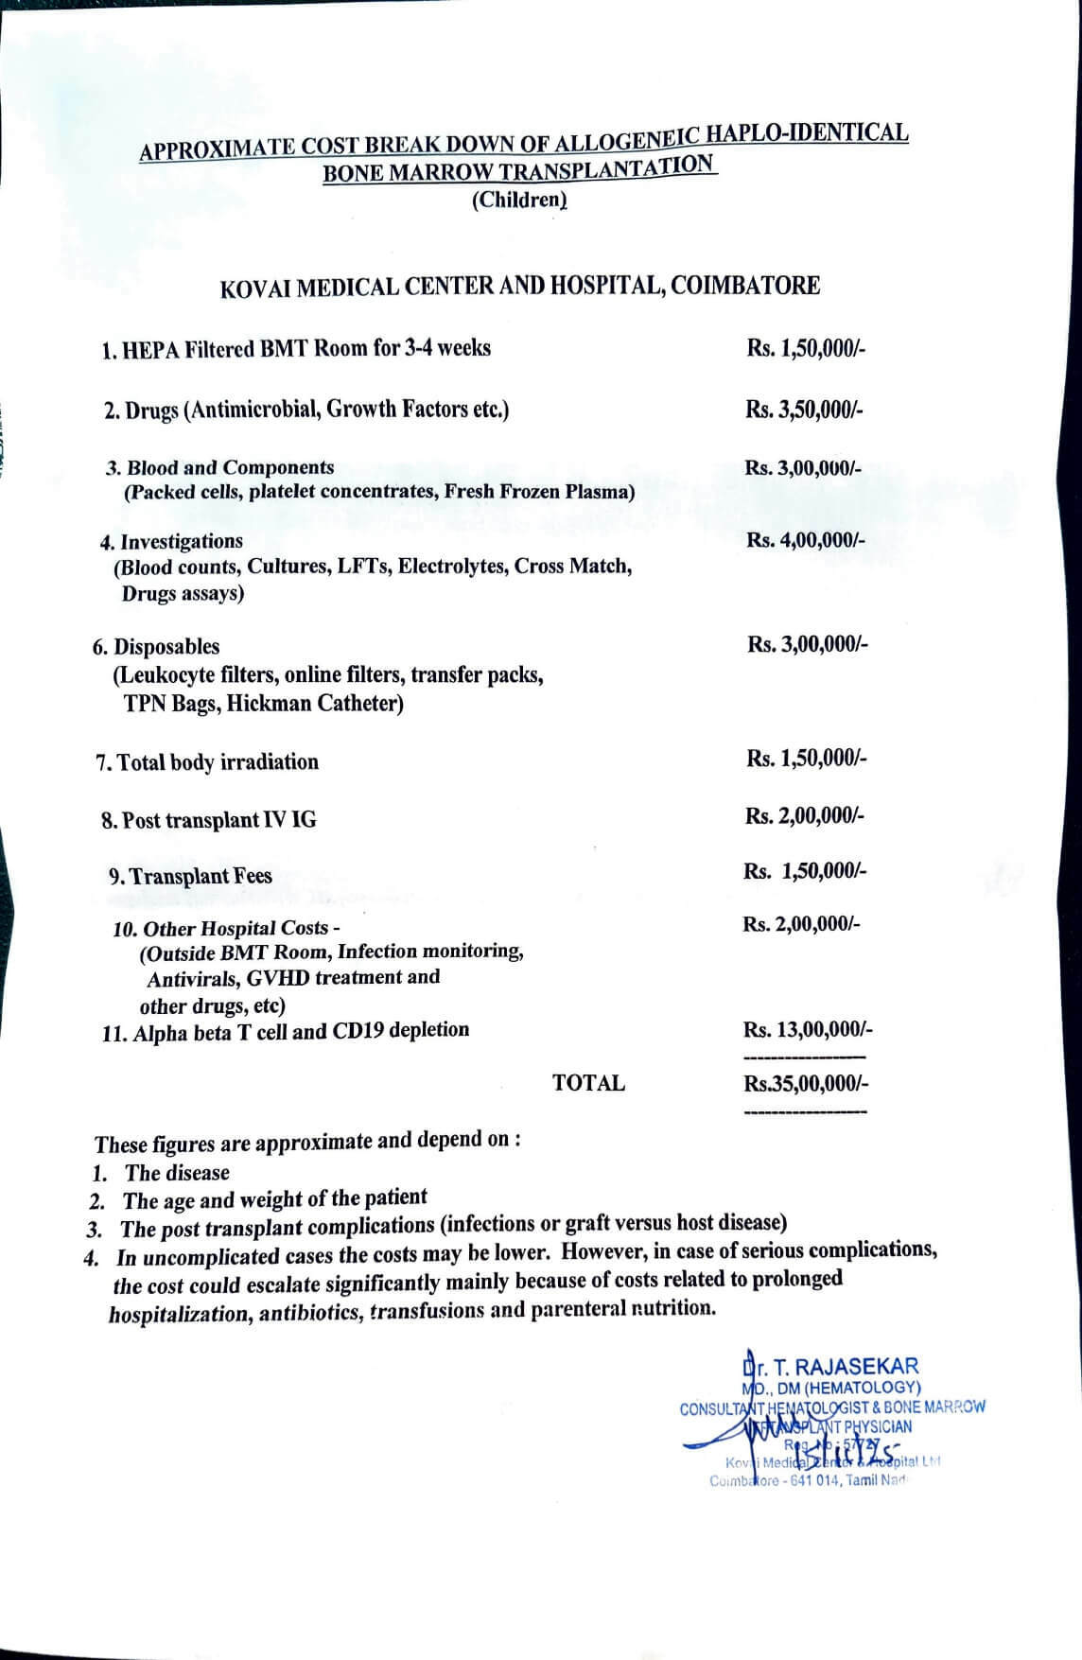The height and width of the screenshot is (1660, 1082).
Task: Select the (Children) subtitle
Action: click(x=519, y=200)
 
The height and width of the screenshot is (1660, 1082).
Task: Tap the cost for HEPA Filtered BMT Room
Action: click(x=805, y=348)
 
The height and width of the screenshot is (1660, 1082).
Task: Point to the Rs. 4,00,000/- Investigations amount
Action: click(x=805, y=540)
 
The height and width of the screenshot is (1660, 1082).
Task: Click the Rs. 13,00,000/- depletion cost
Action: click(x=808, y=1029)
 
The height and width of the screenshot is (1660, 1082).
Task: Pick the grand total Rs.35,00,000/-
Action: click(x=806, y=1084)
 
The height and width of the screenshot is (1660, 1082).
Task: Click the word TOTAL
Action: click(x=588, y=1083)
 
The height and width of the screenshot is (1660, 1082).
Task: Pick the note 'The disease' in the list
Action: click(x=177, y=1173)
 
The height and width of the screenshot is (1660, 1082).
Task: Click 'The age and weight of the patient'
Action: click(x=275, y=1199)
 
